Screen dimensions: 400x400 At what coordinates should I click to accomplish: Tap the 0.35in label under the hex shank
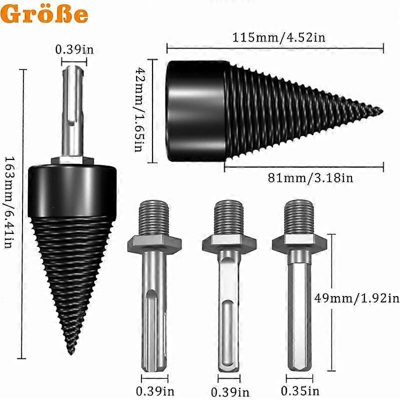[300, 390]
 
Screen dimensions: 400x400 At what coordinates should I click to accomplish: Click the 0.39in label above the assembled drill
[74, 49]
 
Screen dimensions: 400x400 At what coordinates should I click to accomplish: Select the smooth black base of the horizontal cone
[195, 111]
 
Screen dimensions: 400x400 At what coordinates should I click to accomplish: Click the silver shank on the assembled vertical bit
[72, 115]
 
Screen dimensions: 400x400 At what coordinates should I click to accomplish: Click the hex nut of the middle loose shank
[228, 243]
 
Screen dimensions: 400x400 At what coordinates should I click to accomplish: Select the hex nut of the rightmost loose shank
[299, 242]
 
